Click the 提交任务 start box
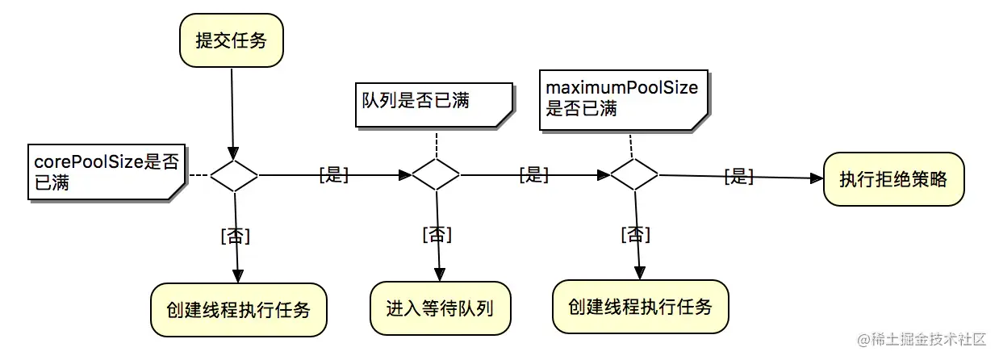231,40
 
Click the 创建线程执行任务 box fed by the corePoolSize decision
239,311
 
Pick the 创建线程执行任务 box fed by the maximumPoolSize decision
640,307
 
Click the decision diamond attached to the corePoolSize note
234,174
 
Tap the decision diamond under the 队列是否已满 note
436,174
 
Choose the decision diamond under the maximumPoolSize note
633,174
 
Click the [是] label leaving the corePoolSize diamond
333,175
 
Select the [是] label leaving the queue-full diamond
533,175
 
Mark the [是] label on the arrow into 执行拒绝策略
738,176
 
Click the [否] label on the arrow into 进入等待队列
437,234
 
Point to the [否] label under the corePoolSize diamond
235,236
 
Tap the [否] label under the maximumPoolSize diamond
635,234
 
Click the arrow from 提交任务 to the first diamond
232,113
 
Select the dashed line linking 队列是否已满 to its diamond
436,143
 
